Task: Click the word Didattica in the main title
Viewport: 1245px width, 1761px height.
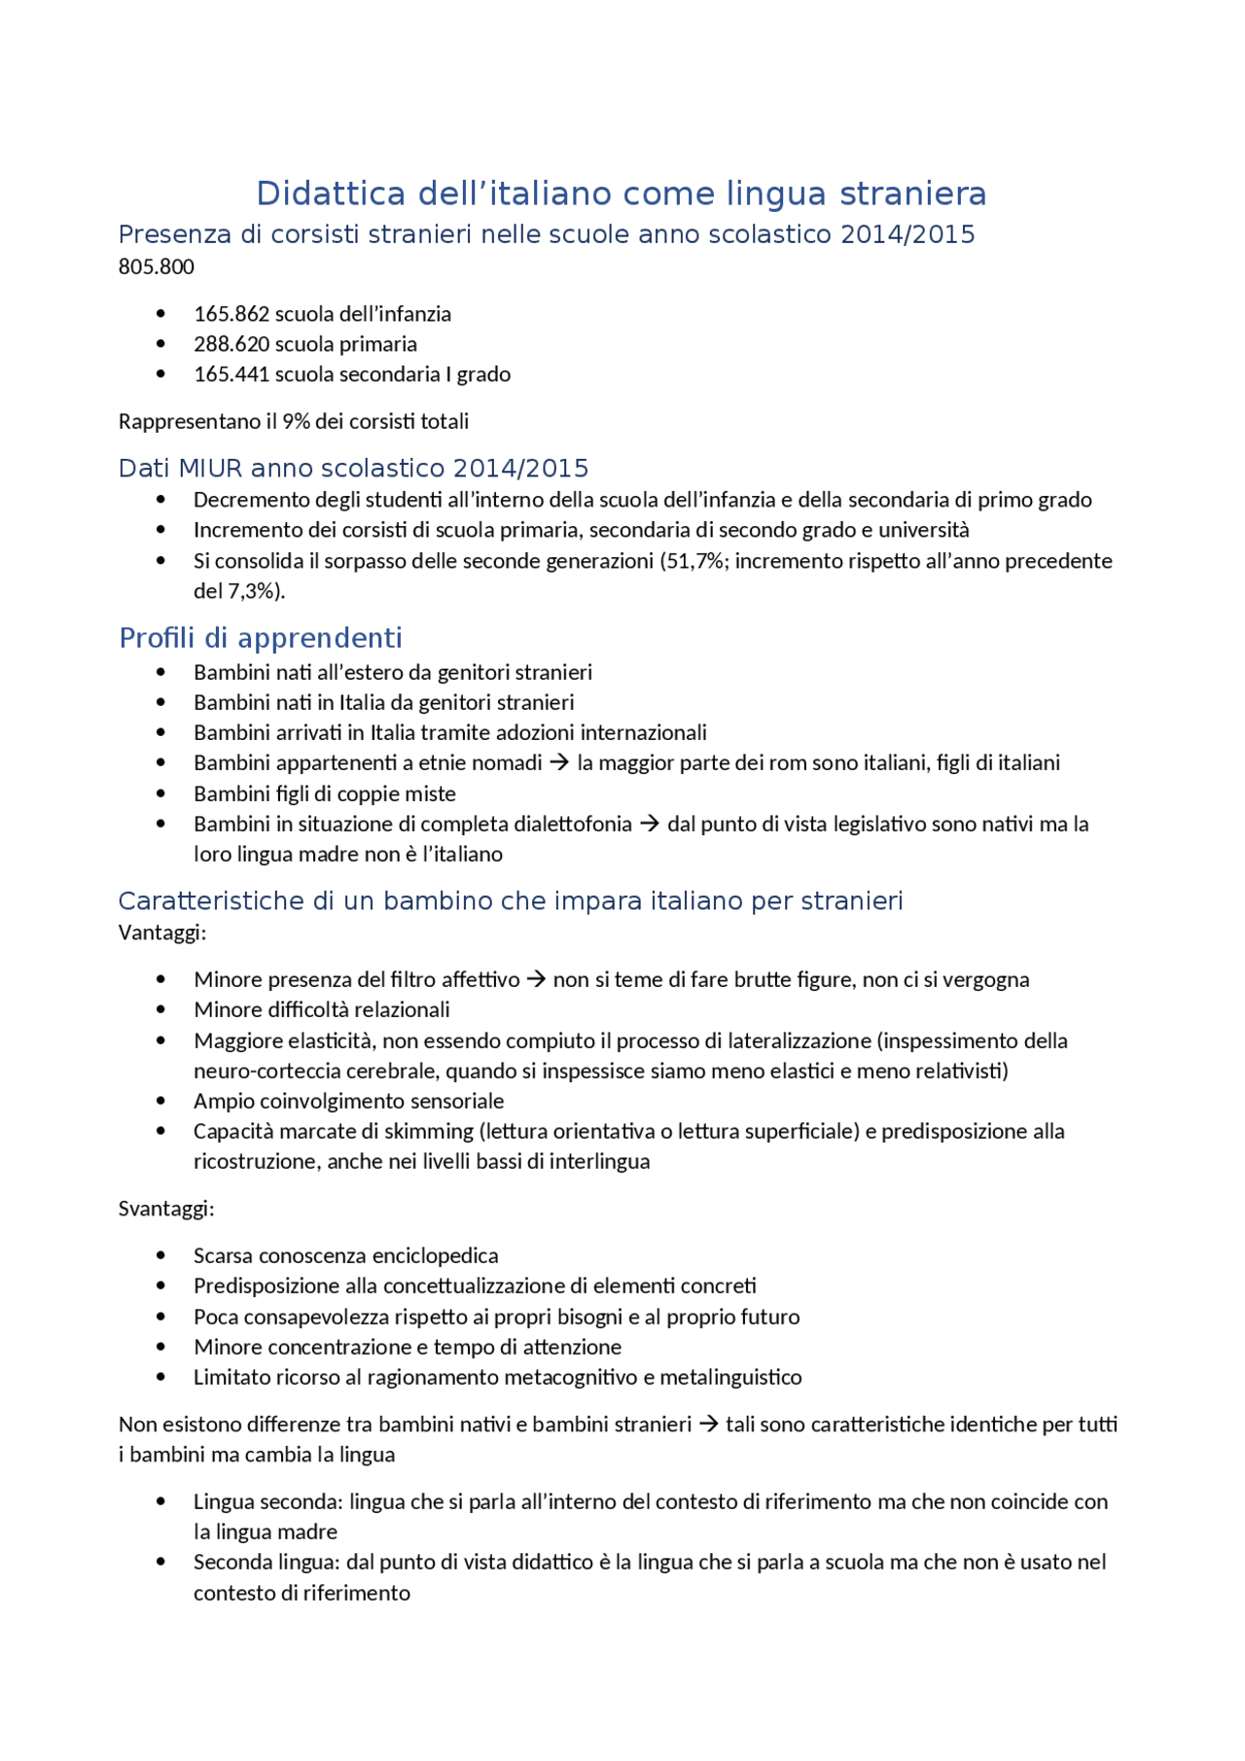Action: pos(330,194)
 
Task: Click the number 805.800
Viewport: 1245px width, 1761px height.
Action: pos(156,266)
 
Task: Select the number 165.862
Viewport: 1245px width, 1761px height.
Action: pos(231,314)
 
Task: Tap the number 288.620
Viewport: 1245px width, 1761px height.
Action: pos(231,344)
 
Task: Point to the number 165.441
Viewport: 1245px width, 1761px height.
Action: pos(231,374)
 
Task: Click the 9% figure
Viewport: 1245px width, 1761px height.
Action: pos(296,421)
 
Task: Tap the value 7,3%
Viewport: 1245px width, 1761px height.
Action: pos(252,591)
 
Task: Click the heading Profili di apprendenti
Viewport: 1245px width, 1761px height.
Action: pos(260,638)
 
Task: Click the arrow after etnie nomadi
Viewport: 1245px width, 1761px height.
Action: pos(559,763)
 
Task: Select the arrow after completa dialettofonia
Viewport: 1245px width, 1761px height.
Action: pos(649,825)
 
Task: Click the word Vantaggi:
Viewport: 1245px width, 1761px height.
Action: pos(161,933)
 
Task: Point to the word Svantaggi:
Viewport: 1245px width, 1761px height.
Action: pos(165,1209)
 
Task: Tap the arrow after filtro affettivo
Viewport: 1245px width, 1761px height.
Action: pos(536,980)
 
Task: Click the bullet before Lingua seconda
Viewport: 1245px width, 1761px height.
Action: pos(160,1501)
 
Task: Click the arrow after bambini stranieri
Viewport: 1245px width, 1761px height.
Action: pos(708,1425)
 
